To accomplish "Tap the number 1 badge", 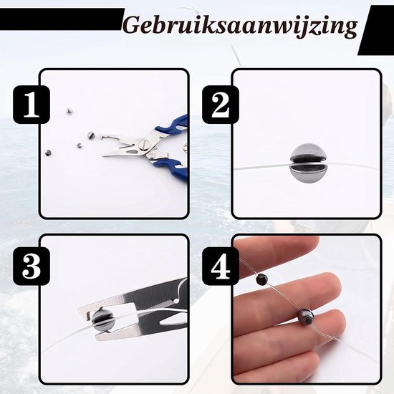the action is point(32,105).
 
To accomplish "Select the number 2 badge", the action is point(221,105).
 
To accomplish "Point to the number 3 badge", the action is point(32,266).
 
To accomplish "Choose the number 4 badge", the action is point(221,266).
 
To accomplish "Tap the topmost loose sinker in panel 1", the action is point(69,110).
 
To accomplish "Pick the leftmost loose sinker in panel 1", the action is point(48,153).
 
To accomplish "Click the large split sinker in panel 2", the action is point(308,164).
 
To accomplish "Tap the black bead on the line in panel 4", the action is point(261,279).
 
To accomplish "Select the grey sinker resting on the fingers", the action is point(306,316).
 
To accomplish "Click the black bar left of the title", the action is point(62,19).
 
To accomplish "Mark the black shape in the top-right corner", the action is point(376,30).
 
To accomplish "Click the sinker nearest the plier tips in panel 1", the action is point(91,135).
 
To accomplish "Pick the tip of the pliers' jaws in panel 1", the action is point(102,155).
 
